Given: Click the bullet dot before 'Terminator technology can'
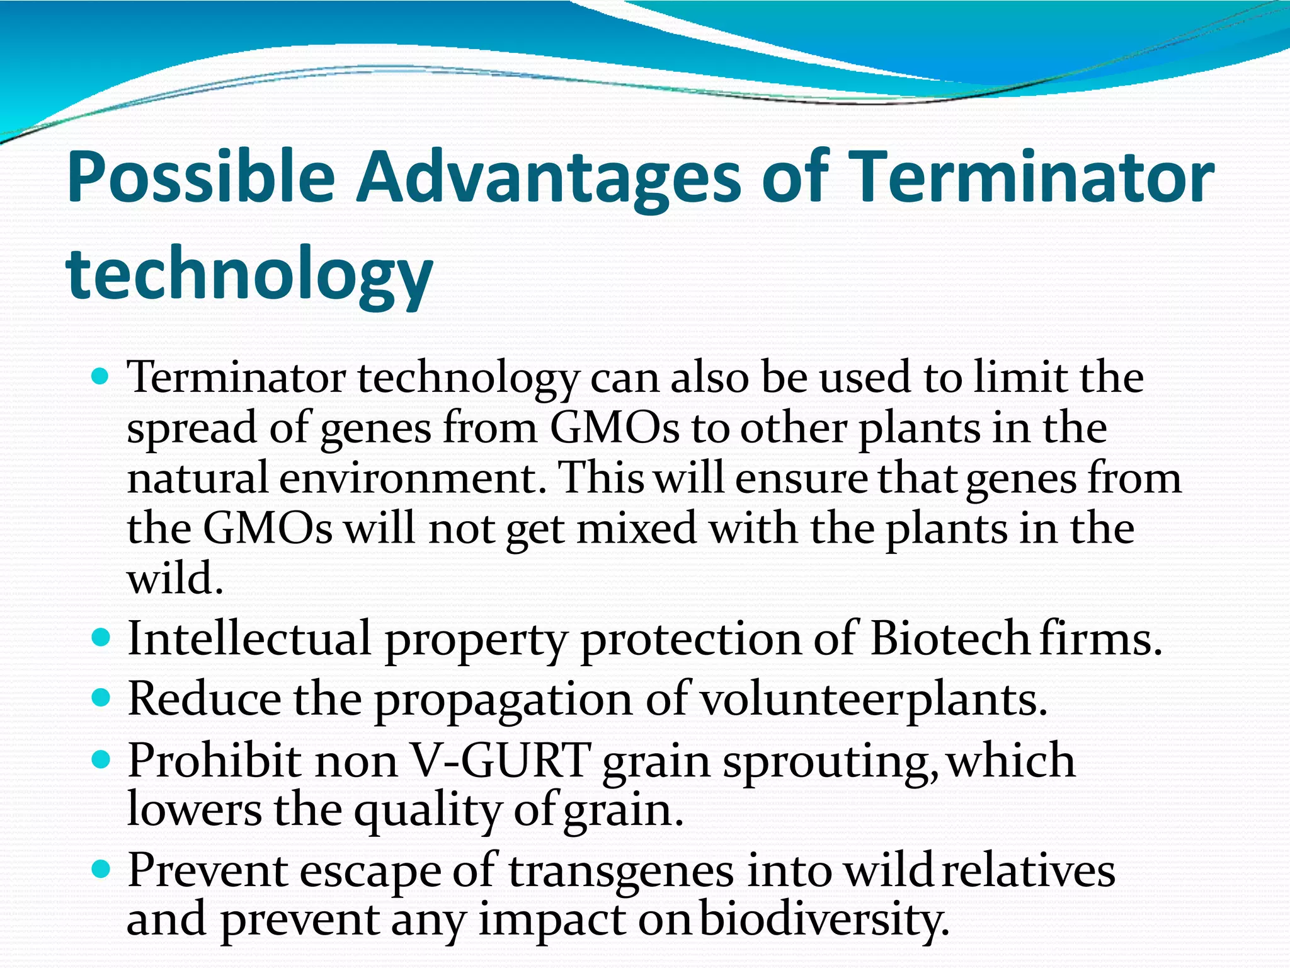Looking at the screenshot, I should pyautogui.click(x=100, y=377).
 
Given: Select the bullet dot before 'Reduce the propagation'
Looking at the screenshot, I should pyautogui.click(x=100, y=699).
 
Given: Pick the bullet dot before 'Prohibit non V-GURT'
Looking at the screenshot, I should pyautogui.click(x=100, y=759).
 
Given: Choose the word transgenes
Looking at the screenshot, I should pyautogui.click(x=621, y=872).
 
